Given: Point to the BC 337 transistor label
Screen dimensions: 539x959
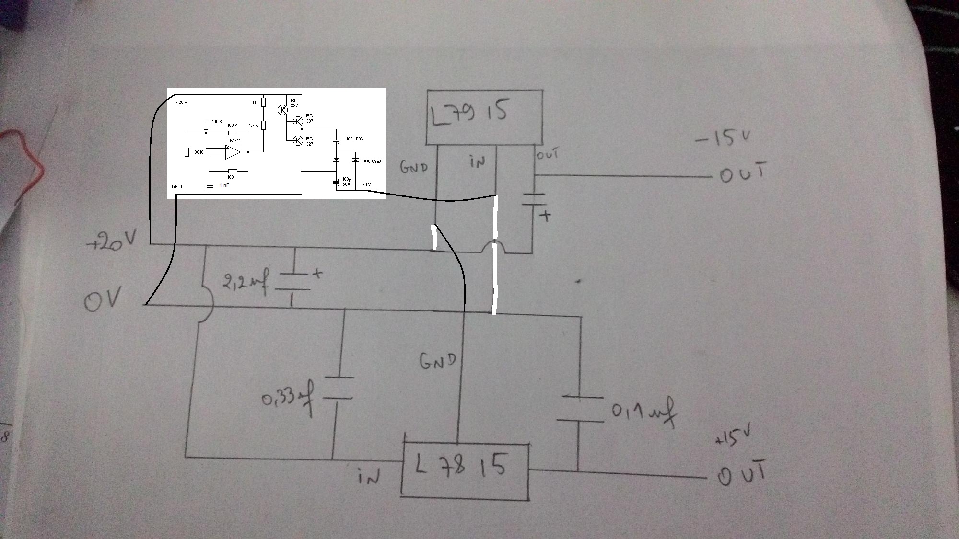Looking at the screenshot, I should [309, 118].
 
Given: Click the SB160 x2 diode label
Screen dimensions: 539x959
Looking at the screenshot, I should [373, 162].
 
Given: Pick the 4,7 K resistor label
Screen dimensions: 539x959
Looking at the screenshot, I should [253, 126].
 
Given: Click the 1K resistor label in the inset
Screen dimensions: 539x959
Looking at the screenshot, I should [255, 103].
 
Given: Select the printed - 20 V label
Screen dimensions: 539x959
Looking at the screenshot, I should [365, 184].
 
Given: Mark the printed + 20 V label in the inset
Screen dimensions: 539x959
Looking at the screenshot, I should [181, 103].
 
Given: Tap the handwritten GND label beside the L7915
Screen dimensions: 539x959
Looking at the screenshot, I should [413, 167].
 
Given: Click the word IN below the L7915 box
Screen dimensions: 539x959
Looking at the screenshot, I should [478, 162].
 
